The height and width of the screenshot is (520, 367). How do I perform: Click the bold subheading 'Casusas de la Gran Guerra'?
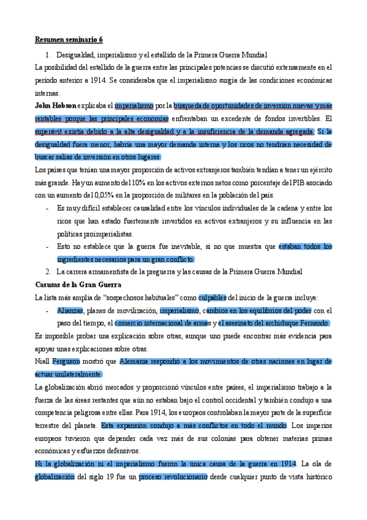78,285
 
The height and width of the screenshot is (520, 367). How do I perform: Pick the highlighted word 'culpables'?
212,297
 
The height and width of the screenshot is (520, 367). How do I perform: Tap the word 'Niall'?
43,362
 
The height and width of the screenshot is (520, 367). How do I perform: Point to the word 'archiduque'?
284,323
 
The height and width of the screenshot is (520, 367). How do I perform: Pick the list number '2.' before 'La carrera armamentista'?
48,272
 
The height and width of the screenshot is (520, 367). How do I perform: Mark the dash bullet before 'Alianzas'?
48,310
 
